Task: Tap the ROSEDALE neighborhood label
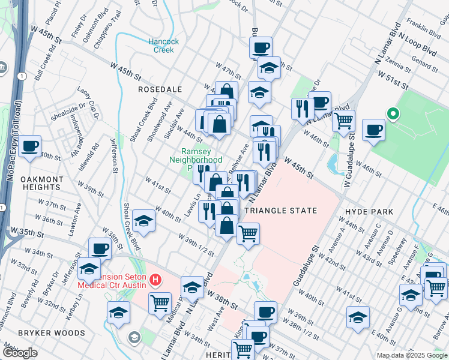pyautogui.click(x=160, y=89)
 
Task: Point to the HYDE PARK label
pyautogui.click(x=369, y=212)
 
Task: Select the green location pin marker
pyautogui.click(x=393, y=113)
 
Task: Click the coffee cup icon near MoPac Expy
pyautogui.click(x=29, y=146)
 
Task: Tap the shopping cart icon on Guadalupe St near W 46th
pyautogui.click(x=343, y=120)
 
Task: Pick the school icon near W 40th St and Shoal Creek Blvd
pyautogui.click(x=143, y=221)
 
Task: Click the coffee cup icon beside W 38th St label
pyautogui.click(x=100, y=248)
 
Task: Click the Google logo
pyautogui.click(x=20, y=353)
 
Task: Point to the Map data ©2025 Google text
pyautogui.click(x=412, y=355)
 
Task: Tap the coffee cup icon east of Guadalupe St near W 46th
pyautogui.click(x=373, y=130)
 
